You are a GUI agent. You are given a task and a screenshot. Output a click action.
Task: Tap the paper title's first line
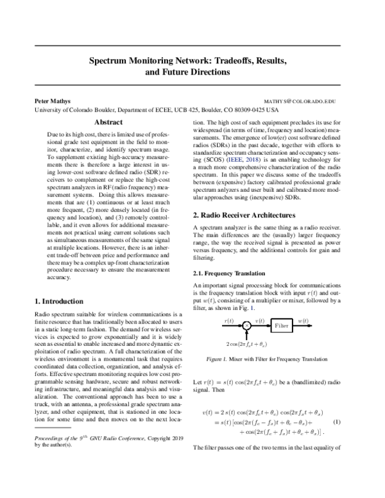coord(192,61)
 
